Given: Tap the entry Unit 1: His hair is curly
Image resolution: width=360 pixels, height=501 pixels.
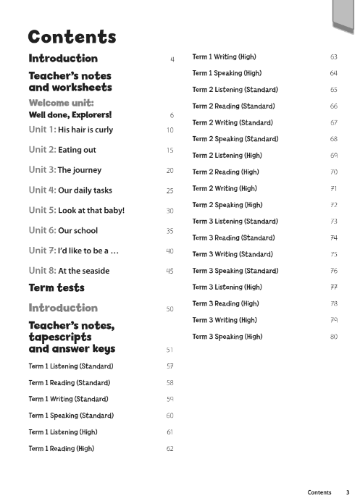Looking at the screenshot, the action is (70, 130).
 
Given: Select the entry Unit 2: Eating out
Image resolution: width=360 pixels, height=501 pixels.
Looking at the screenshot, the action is (62, 150).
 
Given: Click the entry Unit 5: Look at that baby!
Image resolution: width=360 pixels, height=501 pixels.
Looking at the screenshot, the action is (77, 211).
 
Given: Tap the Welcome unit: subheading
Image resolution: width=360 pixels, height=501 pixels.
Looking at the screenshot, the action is (62, 103).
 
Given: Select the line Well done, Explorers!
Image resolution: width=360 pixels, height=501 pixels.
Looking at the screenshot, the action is (70, 114).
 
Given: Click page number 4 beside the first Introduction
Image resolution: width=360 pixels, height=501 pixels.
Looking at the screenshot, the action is (172, 59).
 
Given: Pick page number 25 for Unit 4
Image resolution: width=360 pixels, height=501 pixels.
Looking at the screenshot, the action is (169, 191).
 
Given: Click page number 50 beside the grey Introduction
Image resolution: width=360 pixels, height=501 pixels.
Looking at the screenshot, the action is (169, 309).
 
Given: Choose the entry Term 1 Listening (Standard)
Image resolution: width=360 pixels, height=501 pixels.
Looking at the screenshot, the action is (71, 366).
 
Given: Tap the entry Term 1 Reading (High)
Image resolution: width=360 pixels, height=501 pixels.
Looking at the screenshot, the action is (62, 449).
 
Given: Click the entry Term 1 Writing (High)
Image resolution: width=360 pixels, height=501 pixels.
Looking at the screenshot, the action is (224, 57).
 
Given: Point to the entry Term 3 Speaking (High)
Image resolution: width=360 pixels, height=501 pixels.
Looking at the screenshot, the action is (227, 337).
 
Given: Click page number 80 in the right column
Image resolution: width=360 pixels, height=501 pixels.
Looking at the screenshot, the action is (334, 337).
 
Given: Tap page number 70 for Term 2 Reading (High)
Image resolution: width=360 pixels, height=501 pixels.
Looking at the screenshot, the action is (334, 172).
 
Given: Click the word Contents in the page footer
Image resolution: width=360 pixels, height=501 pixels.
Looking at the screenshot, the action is (319, 492).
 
